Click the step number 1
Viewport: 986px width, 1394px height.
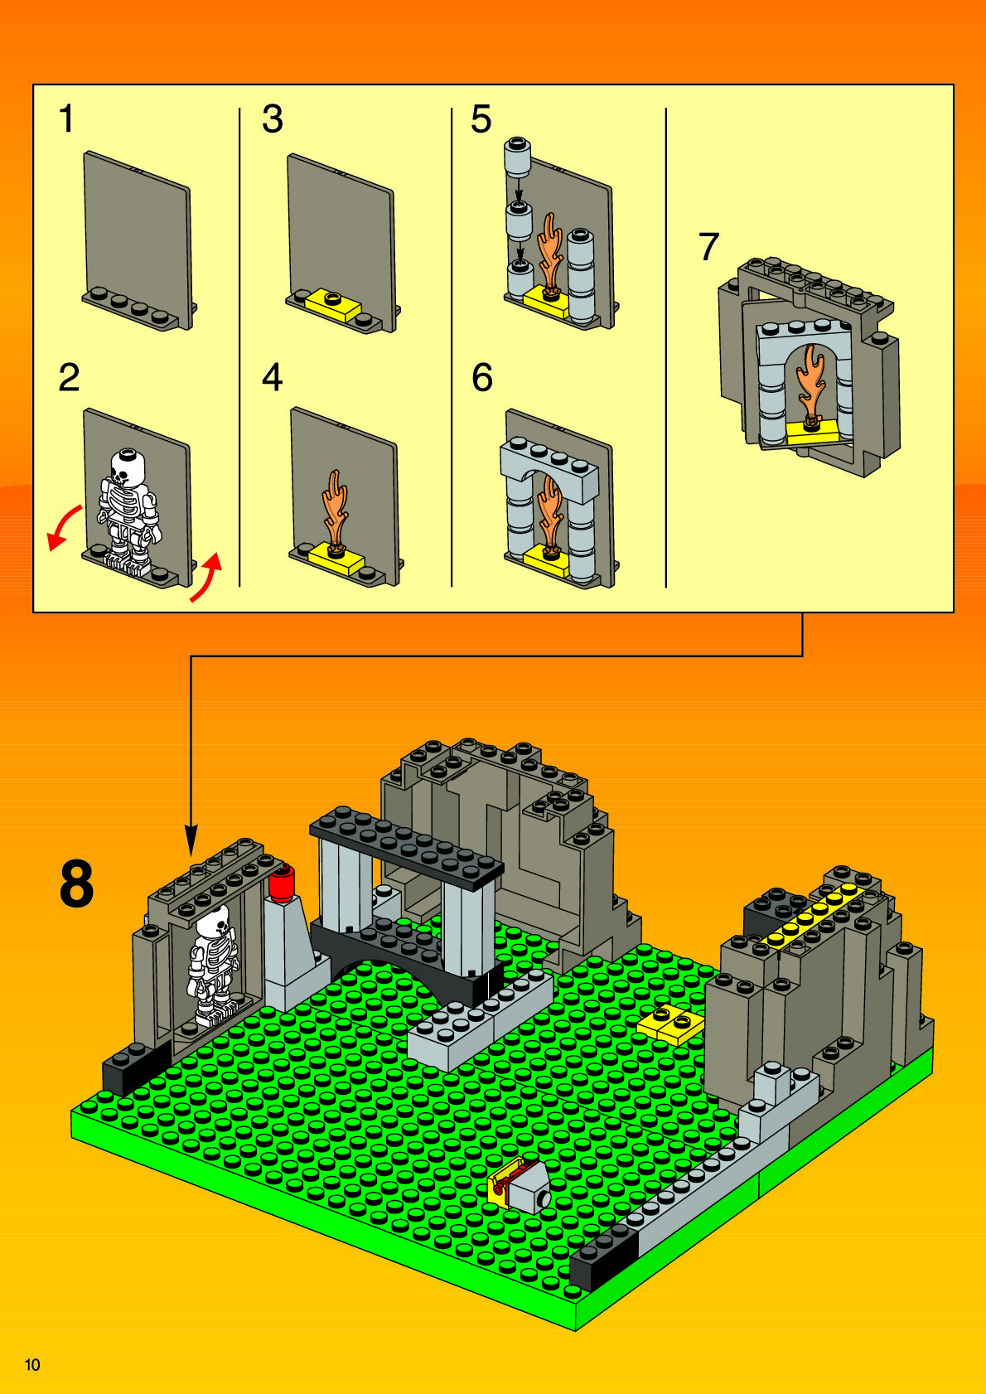coord(66,119)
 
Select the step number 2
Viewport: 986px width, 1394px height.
coord(69,378)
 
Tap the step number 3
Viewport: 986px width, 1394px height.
coord(273,119)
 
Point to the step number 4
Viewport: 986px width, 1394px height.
coord(273,378)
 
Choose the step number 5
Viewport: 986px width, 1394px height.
coord(481,119)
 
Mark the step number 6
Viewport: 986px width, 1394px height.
coord(482,378)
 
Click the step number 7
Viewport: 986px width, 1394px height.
coord(708,247)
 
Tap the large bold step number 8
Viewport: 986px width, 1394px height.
coord(77,885)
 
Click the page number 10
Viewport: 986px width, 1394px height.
coord(32,1364)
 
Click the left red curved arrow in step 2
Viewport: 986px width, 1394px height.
coord(63,527)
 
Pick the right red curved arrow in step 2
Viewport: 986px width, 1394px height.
coord(207,577)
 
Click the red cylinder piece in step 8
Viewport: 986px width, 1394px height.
coord(283,883)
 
